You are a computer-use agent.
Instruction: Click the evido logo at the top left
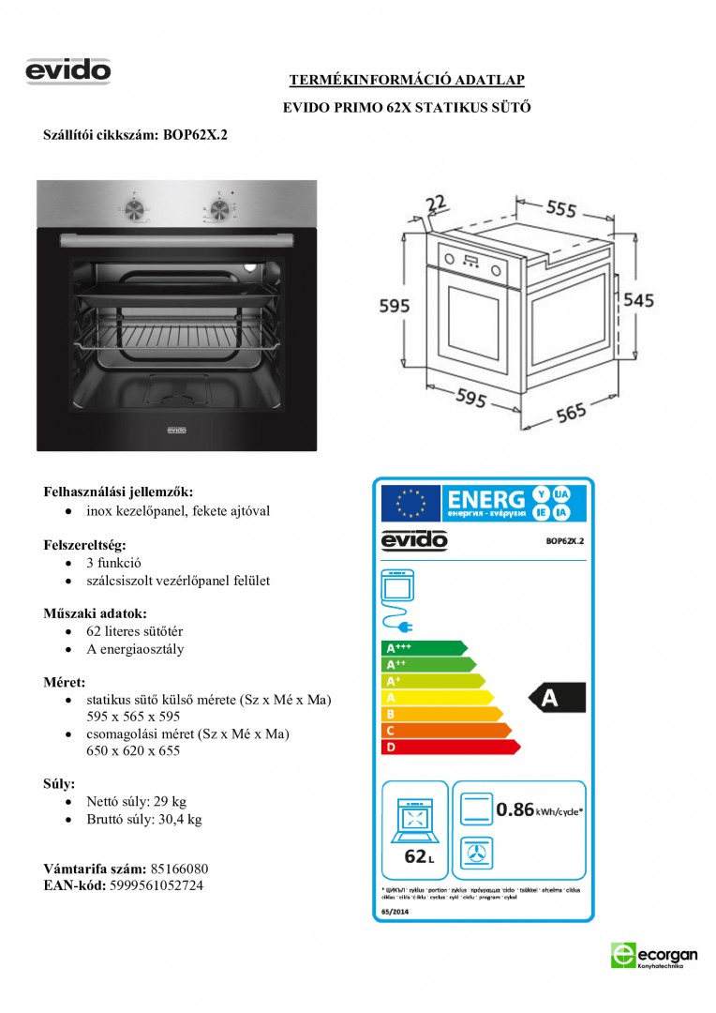click(x=68, y=71)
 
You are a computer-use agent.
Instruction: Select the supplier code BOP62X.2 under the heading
click(x=195, y=135)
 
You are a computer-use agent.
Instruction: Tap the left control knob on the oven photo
click(x=135, y=207)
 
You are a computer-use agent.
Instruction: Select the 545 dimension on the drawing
click(x=638, y=300)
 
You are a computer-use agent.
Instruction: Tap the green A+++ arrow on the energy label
click(x=423, y=648)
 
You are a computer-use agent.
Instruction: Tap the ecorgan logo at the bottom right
click(x=653, y=955)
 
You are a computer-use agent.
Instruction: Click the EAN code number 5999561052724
click(x=156, y=884)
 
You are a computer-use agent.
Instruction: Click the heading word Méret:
click(x=65, y=682)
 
